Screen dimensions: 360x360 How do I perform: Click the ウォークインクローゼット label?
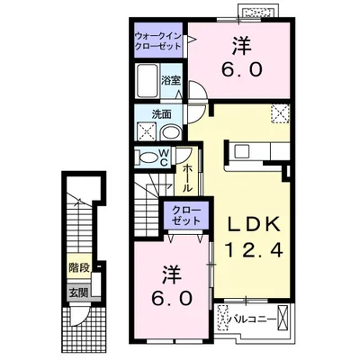point(158,41)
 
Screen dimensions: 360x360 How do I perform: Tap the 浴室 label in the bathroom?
point(171,81)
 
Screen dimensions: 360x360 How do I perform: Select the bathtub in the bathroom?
point(147,81)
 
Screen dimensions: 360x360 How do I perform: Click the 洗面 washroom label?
point(161,114)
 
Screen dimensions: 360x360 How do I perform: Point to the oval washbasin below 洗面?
point(170,132)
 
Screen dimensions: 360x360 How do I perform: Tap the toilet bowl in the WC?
point(148,157)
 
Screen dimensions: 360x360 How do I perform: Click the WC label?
point(165,157)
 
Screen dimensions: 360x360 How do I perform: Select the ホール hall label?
point(187,178)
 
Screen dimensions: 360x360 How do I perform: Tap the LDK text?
point(254,224)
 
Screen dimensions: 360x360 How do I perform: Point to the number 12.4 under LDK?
point(254,250)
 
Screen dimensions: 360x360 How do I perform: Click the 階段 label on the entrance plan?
point(79,268)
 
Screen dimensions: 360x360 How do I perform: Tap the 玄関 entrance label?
point(79,292)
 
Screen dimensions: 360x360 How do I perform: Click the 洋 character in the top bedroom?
point(241,47)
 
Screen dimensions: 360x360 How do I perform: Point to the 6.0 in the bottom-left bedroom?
point(171,299)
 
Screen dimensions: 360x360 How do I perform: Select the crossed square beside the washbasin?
point(147,131)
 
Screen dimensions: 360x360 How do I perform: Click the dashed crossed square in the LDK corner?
point(281,113)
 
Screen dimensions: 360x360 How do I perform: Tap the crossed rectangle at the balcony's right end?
point(283,318)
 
